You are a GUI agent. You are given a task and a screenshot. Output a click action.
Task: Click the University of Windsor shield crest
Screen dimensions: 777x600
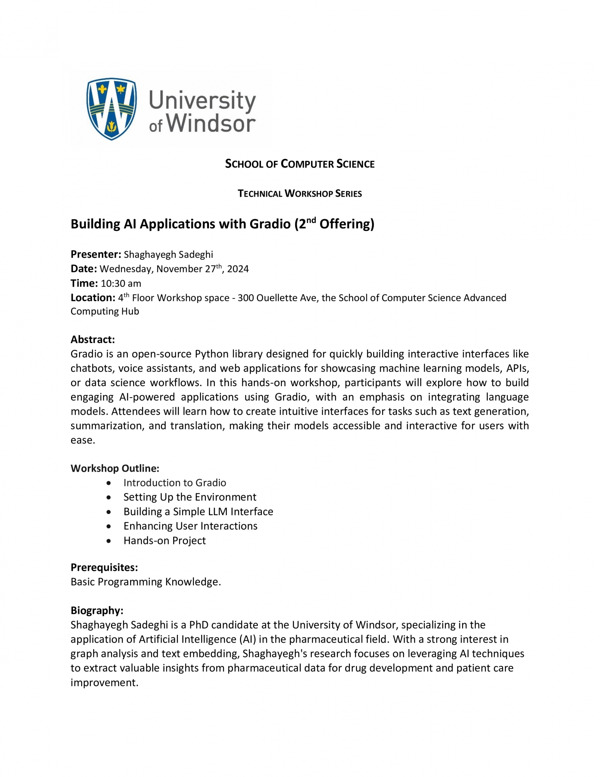pos(111,108)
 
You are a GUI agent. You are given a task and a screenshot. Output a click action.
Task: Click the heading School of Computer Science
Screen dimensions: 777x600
pos(300,164)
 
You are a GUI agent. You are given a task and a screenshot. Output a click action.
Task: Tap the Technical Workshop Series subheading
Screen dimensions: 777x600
pos(300,193)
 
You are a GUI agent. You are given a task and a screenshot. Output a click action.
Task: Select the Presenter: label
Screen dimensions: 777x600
pos(96,254)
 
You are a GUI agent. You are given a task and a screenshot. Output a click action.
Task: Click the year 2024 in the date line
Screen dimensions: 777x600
pos(238,269)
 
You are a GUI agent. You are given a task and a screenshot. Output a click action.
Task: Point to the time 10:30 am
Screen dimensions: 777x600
pos(121,284)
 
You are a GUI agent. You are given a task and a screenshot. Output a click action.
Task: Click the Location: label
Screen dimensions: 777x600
pos(93,298)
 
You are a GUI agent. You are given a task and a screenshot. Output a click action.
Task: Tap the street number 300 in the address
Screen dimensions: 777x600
pos(246,298)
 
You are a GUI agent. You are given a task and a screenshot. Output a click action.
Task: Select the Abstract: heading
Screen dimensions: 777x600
pos(92,340)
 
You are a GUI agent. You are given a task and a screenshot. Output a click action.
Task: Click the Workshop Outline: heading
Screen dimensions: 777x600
pos(115,468)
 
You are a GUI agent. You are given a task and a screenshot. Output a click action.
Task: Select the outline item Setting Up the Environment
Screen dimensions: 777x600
pos(190,497)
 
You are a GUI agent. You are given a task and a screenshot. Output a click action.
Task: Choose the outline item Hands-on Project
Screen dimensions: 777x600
pos(164,541)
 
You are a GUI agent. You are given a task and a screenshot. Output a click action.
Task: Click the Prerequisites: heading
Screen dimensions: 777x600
pos(104,568)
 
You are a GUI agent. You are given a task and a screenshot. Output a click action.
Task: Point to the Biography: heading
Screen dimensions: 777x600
pos(97,611)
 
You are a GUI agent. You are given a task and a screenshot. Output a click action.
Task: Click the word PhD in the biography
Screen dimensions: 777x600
pos(199,625)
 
